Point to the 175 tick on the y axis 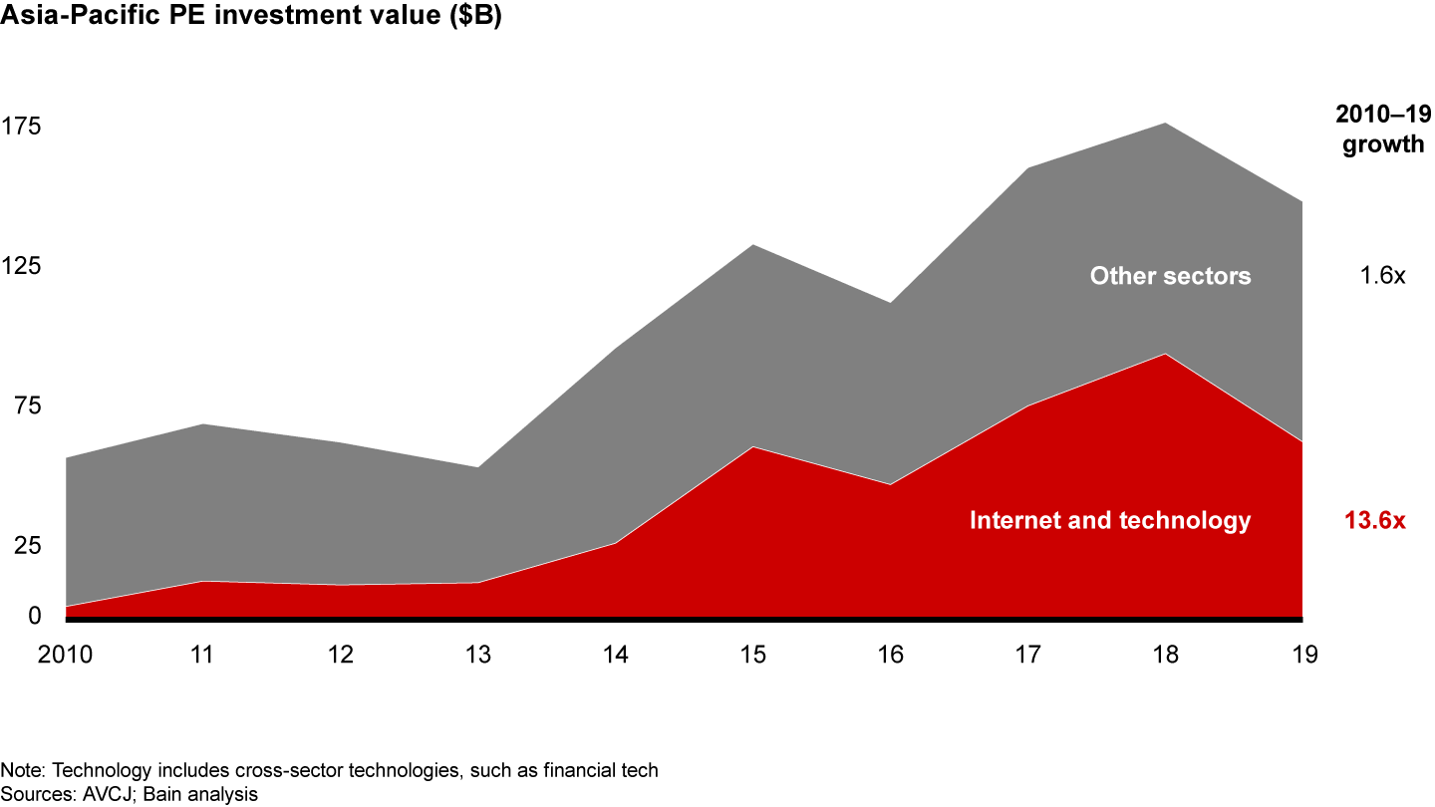(21, 127)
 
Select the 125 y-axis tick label (21, 266)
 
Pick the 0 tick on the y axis (7, 616)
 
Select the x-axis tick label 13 (478, 655)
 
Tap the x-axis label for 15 (753, 655)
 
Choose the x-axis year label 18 (1166, 655)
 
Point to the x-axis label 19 (1303, 655)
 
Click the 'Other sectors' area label (1170, 276)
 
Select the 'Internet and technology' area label (1109, 520)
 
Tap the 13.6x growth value (1374, 520)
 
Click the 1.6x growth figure (1382, 276)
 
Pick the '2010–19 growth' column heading (1382, 130)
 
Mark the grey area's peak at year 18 (1166, 124)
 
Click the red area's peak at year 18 (1166, 355)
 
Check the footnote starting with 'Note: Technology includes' (330, 771)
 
